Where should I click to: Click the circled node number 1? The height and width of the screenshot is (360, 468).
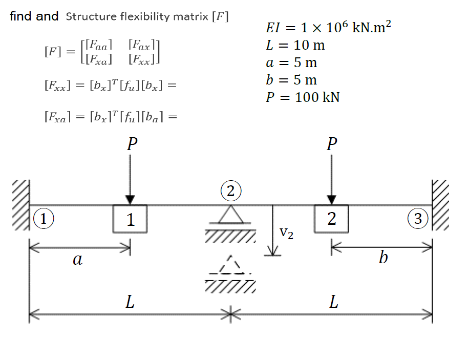click(x=44, y=219)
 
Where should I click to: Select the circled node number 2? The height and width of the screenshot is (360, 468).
click(x=230, y=192)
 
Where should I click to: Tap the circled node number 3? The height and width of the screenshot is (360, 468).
click(x=418, y=219)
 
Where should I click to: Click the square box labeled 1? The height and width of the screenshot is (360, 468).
click(x=130, y=219)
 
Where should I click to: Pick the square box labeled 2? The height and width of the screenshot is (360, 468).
click(x=331, y=219)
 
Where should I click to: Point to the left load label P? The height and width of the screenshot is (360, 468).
click(x=131, y=143)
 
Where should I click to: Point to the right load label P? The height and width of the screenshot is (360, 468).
click(x=332, y=143)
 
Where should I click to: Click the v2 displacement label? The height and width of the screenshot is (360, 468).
click(x=287, y=234)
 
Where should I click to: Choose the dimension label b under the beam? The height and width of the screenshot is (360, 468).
click(x=383, y=258)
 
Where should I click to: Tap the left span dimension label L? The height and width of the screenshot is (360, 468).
click(x=130, y=302)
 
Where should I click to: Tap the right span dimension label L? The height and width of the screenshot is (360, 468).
click(x=333, y=302)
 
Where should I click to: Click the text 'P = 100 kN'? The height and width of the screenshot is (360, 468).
click(x=303, y=97)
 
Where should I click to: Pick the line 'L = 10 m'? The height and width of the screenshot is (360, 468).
click(x=295, y=45)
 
